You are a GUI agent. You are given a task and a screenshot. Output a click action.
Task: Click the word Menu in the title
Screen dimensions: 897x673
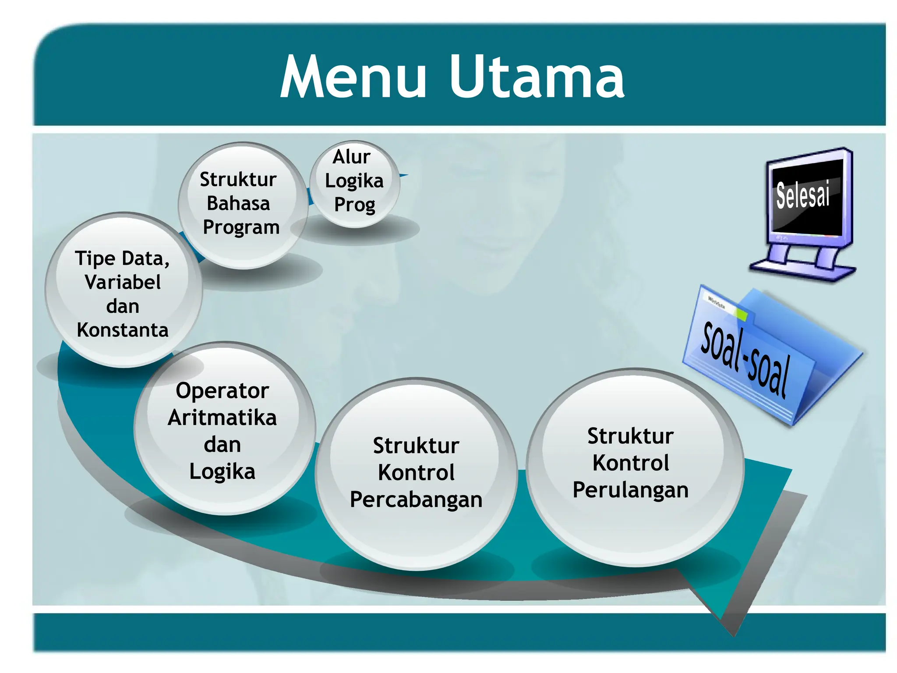pos(353,78)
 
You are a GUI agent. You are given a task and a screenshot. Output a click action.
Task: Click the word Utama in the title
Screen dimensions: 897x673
pos(537,78)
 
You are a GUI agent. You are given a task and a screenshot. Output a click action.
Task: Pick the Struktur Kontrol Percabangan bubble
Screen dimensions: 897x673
pos(416,473)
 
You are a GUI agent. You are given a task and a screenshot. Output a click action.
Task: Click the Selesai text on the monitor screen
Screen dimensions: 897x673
pos(803,195)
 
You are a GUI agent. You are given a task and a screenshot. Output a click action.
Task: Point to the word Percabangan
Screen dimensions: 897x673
pos(416,500)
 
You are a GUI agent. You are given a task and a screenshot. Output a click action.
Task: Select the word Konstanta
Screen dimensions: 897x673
pos(123,330)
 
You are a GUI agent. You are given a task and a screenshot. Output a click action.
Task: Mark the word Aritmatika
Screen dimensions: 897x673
pos(222,418)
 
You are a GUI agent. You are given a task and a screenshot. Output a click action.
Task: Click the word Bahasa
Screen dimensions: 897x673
pos(238,203)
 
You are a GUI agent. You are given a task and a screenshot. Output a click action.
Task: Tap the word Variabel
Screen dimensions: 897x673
pos(123,282)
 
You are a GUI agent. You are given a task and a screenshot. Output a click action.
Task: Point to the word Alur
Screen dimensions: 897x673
pos(351,157)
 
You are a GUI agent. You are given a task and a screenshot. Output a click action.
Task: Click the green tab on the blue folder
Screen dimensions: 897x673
pos(742,314)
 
